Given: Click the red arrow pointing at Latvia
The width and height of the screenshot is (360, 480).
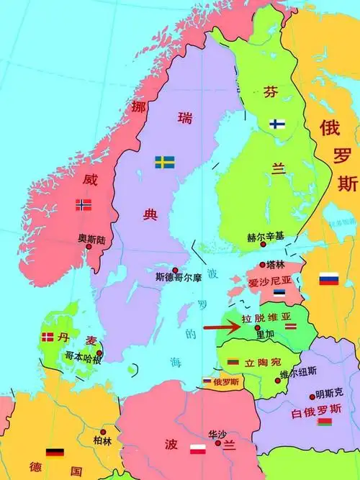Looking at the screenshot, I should (x=222, y=328).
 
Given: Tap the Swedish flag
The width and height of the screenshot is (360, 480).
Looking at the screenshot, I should (x=164, y=162).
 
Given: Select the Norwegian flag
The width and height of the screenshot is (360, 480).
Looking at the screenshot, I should (x=84, y=205).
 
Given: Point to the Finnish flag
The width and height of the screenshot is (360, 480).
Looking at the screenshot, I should (x=277, y=124).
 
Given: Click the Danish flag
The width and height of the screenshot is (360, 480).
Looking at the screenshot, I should (x=48, y=336).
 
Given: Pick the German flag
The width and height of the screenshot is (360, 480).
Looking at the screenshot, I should (x=55, y=453).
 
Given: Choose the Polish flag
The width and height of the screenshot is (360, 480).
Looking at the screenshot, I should (x=198, y=451).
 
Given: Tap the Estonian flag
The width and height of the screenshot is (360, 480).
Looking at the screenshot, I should (x=279, y=294).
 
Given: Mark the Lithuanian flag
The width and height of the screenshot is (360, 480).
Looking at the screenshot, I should (x=233, y=361).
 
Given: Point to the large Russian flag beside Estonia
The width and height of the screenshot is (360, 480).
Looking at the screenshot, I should (x=329, y=279).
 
